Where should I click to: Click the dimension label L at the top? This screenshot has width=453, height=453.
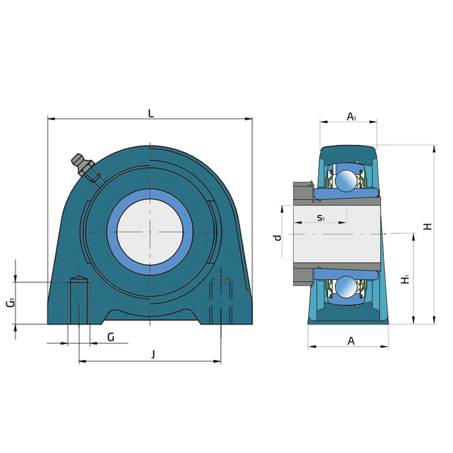[151, 114]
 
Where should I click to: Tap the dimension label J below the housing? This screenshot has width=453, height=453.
[153, 354]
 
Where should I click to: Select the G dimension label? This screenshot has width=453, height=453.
[111, 337]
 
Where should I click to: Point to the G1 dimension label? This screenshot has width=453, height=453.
[11, 303]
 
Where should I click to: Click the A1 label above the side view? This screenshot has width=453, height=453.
[351, 117]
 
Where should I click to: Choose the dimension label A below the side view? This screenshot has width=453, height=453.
[351, 341]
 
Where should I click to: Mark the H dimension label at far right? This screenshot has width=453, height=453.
[428, 226]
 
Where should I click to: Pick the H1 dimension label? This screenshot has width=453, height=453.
[405, 279]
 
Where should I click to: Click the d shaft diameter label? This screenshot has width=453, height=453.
[277, 237]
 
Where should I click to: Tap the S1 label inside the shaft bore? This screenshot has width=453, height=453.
[320, 217]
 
